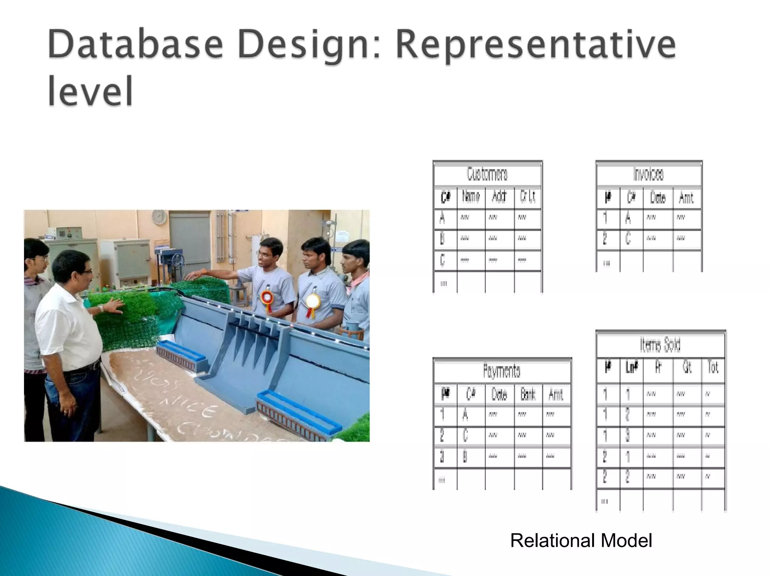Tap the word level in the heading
click(90, 91)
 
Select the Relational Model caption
click(581, 540)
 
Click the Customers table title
click(487, 174)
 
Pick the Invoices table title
click(648, 174)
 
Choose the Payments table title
click(502, 371)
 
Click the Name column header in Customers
click(471, 196)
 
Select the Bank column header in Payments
click(528, 394)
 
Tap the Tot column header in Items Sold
click(713, 367)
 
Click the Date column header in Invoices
click(657, 198)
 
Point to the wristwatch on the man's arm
click(101, 308)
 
